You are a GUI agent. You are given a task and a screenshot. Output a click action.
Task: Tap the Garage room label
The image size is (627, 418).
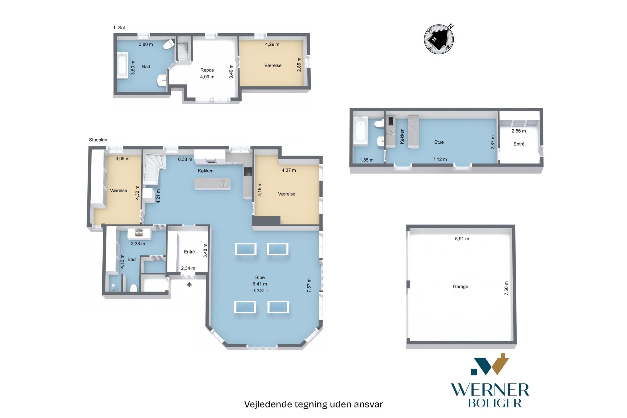[x=460, y=287]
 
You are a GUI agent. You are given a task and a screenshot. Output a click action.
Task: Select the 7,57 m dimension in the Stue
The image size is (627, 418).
[x=309, y=285]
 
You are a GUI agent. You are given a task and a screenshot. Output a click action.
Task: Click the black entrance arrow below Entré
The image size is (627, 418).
[x=189, y=285]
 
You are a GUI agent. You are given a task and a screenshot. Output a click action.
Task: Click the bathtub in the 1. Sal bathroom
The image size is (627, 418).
[x=122, y=65]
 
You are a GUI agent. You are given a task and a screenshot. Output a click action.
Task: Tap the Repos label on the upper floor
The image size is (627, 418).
[x=207, y=70]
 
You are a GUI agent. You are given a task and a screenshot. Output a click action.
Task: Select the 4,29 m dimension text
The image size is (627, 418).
[x=272, y=44]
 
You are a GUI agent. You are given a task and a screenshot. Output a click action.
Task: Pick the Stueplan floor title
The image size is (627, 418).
[x=98, y=140]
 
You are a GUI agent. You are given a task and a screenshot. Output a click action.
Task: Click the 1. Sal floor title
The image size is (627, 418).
[x=119, y=27]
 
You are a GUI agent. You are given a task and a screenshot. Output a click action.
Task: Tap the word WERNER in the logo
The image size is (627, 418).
[x=490, y=390]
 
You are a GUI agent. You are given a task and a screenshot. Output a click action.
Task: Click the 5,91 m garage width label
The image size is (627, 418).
[x=462, y=239]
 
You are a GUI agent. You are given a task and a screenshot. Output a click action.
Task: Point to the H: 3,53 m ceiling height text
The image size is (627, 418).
[x=260, y=290]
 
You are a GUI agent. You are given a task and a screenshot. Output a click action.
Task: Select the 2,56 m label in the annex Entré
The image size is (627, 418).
[x=518, y=131]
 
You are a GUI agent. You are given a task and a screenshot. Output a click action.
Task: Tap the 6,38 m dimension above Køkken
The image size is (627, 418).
[x=185, y=159]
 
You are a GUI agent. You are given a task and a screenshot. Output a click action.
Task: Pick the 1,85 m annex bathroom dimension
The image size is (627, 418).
[x=366, y=160]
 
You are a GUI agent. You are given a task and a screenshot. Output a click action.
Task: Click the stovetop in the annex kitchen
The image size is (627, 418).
[x=391, y=121]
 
